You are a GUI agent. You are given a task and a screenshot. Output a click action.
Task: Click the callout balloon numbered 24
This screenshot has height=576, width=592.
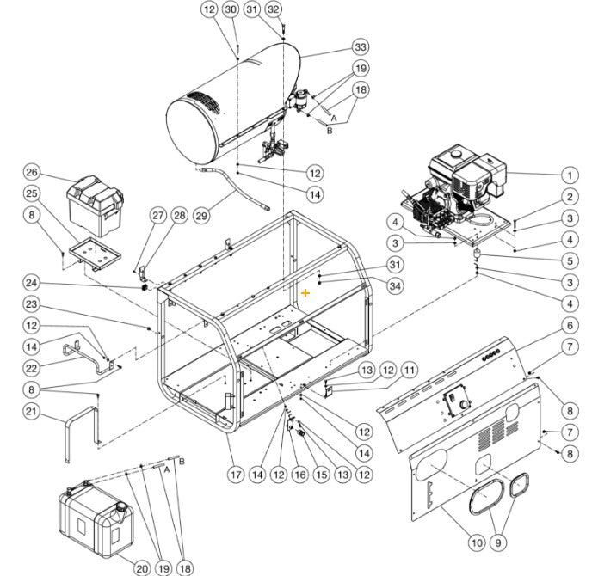(32, 281)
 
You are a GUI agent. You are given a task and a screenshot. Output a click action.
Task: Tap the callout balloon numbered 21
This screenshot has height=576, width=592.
(32, 414)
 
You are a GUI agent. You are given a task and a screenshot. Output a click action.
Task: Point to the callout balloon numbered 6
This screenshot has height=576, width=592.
(569, 325)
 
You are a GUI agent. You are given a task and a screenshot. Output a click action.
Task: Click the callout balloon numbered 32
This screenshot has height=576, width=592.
(274, 9)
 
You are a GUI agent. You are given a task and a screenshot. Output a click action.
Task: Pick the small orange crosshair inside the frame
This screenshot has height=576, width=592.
(305, 293)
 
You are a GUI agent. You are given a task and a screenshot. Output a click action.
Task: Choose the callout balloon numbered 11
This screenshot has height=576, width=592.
(410, 370)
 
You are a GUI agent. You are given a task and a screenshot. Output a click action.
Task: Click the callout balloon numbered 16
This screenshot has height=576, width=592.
(300, 473)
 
